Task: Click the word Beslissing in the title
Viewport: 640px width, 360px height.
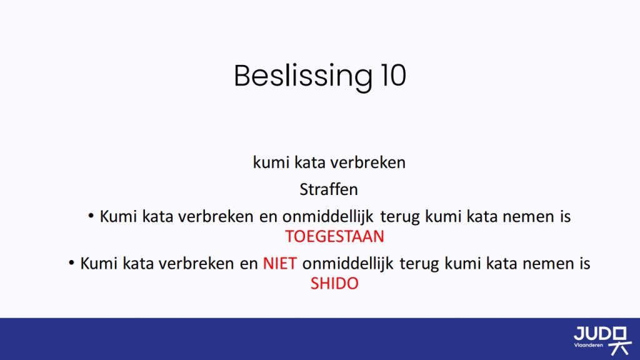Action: (303, 76)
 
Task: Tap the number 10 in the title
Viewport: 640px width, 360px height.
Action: (394, 76)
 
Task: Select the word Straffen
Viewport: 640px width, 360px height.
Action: (329, 189)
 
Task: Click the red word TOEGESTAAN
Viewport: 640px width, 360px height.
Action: (335, 236)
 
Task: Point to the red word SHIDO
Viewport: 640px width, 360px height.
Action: (335, 283)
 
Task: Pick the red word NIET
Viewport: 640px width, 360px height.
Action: (279, 263)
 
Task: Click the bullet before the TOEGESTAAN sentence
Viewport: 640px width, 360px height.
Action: (91, 215)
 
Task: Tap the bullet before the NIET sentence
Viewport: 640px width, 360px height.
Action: (71, 262)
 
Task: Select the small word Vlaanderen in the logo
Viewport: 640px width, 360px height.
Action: (588, 345)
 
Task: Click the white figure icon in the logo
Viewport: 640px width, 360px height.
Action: (620, 341)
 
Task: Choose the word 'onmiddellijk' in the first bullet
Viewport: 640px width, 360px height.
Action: (327, 216)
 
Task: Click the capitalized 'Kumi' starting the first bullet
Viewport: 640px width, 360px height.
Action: (118, 216)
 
